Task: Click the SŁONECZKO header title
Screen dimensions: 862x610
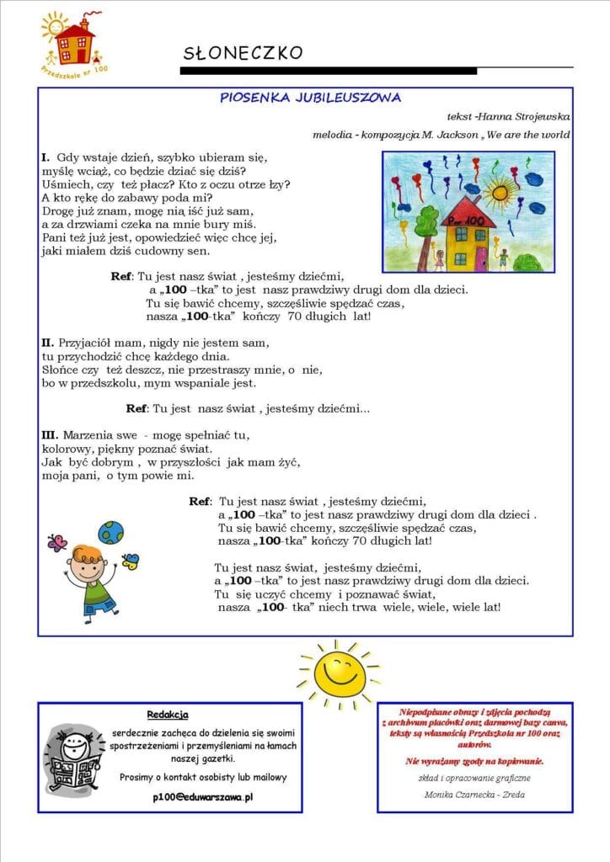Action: pyautogui.click(x=243, y=53)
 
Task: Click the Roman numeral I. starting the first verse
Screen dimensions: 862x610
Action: pyautogui.click(x=45, y=157)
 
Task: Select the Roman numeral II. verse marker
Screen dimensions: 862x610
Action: pyautogui.click(x=48, y=343)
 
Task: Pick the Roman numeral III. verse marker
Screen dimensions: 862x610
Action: pyautogui.click(x=50, y=435)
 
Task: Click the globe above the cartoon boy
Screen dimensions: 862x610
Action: pyautogui.click(x=110, y=532)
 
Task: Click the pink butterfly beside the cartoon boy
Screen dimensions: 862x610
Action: pyautogui.click(x=57, y=543)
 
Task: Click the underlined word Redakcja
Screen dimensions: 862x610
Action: pyautogui.click(x=167, y=715)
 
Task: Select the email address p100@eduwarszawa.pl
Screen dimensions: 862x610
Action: pyautogui.click(x=203, y=795)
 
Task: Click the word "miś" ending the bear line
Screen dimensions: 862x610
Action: pyautogui.click(x=268, y=223)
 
